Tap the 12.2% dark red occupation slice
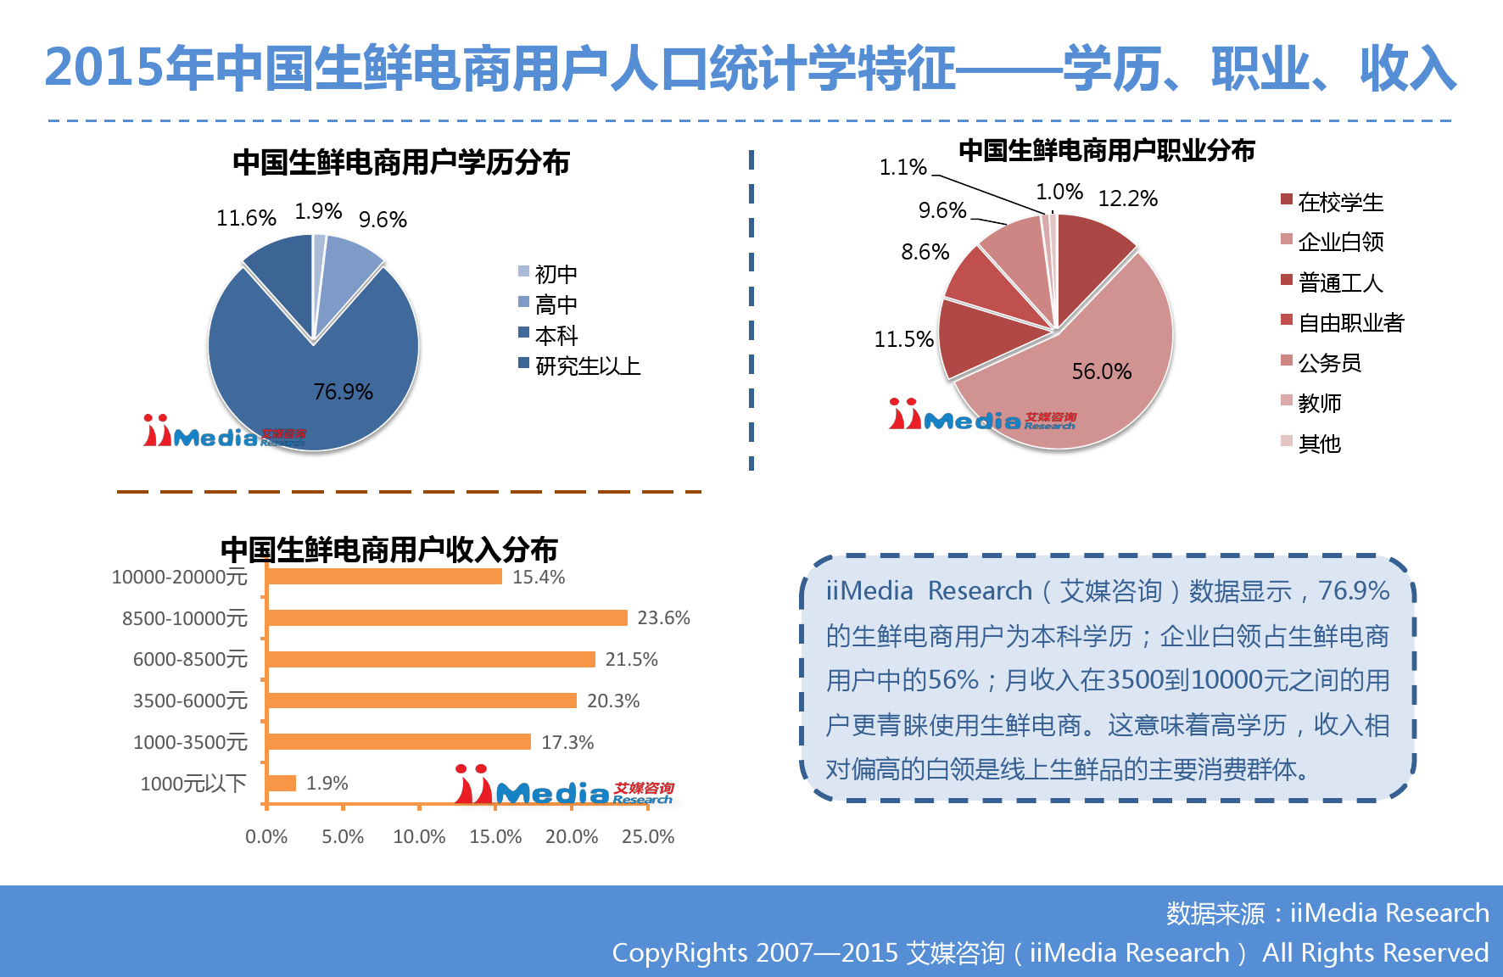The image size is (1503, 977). click(x=1090, y=254)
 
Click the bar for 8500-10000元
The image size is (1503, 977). click(x=447, y=618)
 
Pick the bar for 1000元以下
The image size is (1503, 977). click(x=282, y=783)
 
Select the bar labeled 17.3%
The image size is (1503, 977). click(x=399, y=742)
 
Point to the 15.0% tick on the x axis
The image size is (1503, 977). click(x=495, y=837)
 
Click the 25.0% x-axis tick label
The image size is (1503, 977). click(x=648, y=837)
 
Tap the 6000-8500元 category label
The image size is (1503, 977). click(x=190, y=660)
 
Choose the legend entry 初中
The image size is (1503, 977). click(x=548, y=274)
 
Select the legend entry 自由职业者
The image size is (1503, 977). click(x=1343, y=322)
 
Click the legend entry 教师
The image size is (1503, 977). click(x=1311, y=403)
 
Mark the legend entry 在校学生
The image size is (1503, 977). click(x=1333, y=202)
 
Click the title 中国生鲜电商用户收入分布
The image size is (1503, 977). click(x=389, y=550)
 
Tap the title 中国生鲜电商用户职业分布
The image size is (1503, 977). click(x=1107, y=150)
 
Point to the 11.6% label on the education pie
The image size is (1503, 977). click(x=246, y=218)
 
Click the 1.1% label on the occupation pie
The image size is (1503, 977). click(x=902, y=167)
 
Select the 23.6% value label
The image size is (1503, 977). click(x=663, y=618)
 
